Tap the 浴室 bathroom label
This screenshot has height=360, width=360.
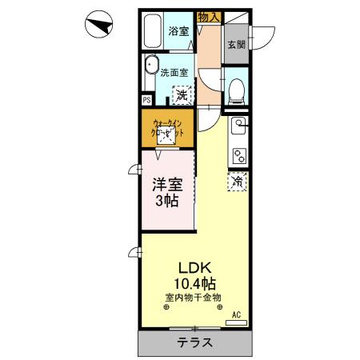[178, 31]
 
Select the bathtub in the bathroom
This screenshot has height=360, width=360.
[154, 31]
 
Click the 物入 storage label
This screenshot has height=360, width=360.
[209, 17]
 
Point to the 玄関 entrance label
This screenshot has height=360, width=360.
[237, 45]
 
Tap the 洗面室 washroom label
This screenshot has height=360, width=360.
[173, 72]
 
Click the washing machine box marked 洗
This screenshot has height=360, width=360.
[182, 94]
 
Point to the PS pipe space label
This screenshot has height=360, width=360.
[146, 100]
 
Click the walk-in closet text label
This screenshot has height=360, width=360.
[169, 127]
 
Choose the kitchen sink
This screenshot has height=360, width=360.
[238, 126]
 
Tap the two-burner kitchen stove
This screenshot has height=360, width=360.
[238, 152]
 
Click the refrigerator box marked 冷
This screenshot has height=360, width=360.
[238, 182]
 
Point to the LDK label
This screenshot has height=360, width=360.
[192, 268]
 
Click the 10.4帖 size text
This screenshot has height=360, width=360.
[192, 283]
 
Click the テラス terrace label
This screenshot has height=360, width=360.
[194, 343]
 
